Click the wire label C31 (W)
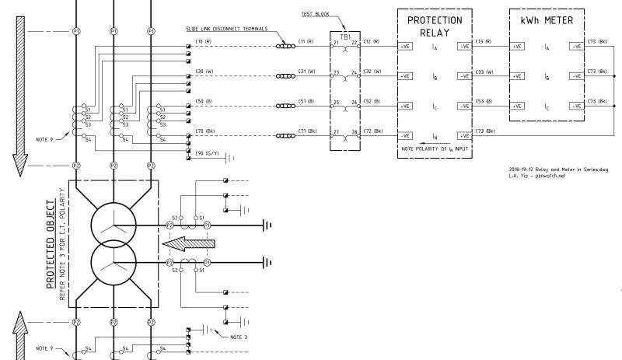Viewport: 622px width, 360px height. coord(306,71)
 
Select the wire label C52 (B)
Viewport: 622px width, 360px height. coord(372,101)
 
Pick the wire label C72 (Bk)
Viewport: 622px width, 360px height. coord(373,131)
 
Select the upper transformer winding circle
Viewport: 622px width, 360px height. coord(114,225)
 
